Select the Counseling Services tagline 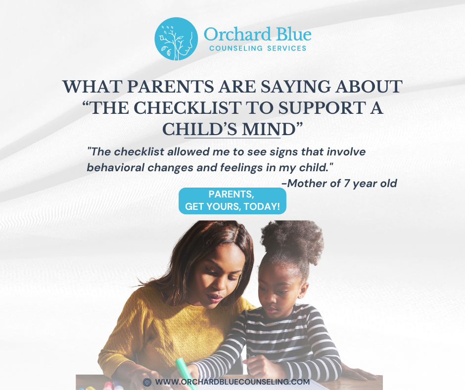258,49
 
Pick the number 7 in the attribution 346,183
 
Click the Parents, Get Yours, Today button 232,200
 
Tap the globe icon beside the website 147,382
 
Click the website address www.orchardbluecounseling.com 232,382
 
